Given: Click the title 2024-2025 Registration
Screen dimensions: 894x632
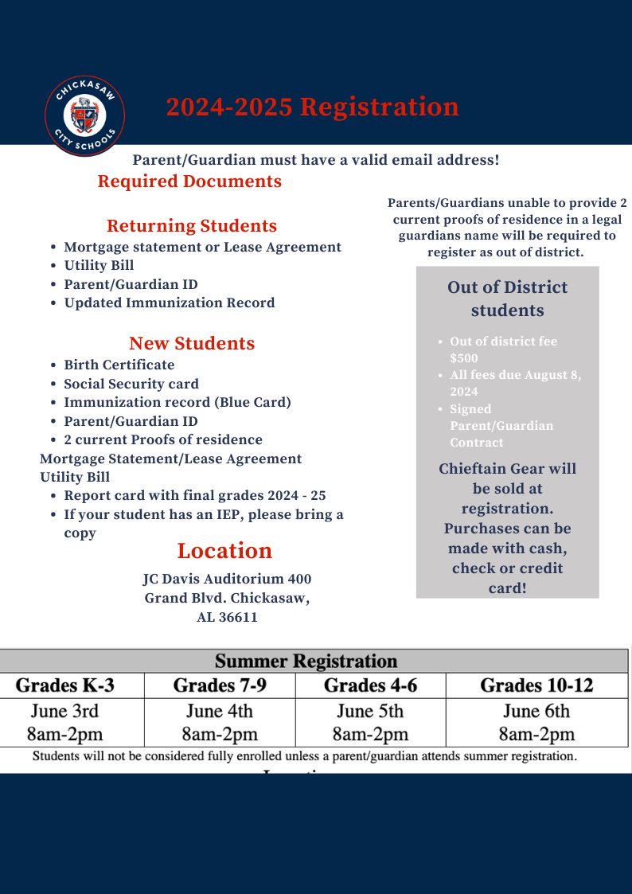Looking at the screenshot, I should tap(312, 107).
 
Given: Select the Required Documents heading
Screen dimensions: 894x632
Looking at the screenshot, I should tap(189, 182).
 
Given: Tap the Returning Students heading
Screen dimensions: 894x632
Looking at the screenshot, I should tap(192, 225).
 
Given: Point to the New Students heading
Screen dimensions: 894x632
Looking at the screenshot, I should tap(192, 343).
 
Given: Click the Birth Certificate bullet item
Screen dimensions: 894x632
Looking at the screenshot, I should tap(119, 365).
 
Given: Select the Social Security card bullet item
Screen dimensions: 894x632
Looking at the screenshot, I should tap(131, 384).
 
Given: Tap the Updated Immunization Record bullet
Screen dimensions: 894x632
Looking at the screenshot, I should tap(169, 303).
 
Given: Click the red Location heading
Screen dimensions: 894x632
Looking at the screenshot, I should tap(224, 551).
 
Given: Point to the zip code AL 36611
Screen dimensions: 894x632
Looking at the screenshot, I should tap(227, 617).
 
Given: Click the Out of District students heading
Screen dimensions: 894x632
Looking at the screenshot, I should tap(507, 299).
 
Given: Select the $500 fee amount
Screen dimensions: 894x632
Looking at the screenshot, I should tap(464, 358).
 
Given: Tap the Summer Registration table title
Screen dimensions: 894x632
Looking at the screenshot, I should tap(306, 661).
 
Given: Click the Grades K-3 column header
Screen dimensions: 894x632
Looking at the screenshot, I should tap(64, 685).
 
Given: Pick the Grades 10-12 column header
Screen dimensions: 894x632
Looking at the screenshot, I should tap(536, 685).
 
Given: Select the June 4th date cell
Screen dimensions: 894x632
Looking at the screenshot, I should tap(220, 711).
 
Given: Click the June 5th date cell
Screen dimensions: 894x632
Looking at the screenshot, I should tap(370, 711).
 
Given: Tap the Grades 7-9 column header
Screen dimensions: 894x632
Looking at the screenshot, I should tap(220, 685).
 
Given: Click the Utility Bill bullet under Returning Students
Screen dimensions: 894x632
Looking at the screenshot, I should tap(99, 265).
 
